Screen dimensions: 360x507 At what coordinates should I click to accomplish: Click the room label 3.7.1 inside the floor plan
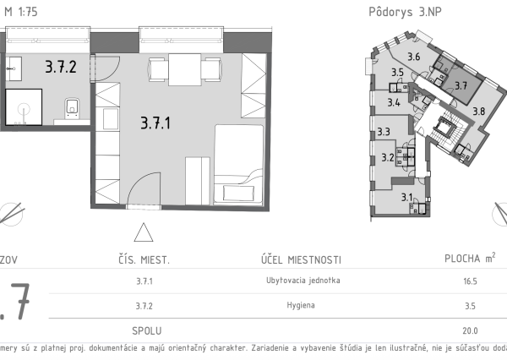(x=155, y=123)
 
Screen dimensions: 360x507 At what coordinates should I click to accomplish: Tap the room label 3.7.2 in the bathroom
(x=61, y=64)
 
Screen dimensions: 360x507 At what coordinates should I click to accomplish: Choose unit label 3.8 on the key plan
(x=478, y=111)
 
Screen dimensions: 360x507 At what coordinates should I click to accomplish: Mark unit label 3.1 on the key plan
(x=406, y=198)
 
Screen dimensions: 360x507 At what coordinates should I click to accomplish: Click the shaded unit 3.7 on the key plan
(x=461, y=85)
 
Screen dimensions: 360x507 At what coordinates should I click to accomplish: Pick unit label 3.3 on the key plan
(x=383, y=132)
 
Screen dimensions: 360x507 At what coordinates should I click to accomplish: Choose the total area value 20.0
(x=470, y=330)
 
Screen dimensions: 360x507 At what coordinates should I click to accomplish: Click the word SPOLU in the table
(x=147, y=330)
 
